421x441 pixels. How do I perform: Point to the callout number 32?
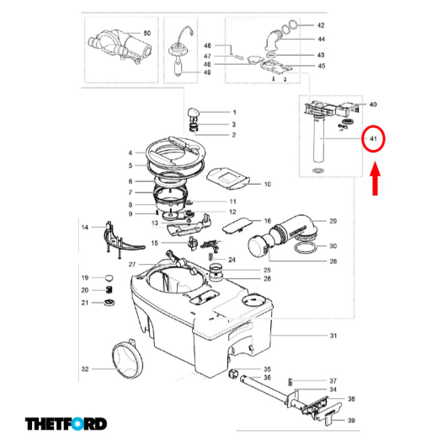84,368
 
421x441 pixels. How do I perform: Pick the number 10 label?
268,183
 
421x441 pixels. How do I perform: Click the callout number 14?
84,228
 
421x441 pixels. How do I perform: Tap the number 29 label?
333,221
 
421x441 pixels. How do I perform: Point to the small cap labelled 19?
109,277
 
